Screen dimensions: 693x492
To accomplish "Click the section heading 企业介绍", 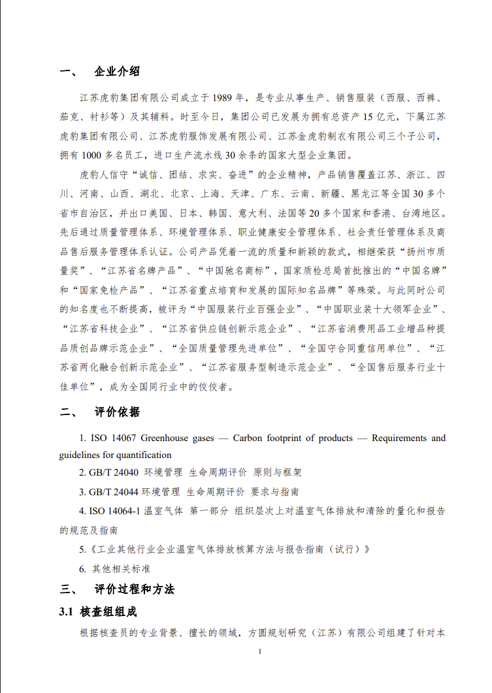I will (117, 71).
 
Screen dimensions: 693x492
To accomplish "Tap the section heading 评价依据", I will (117, 412).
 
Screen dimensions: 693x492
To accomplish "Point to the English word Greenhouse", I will (163, 438).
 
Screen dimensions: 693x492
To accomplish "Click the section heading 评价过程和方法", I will (134, 589).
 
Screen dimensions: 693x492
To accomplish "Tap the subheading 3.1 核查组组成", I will (98, 612).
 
